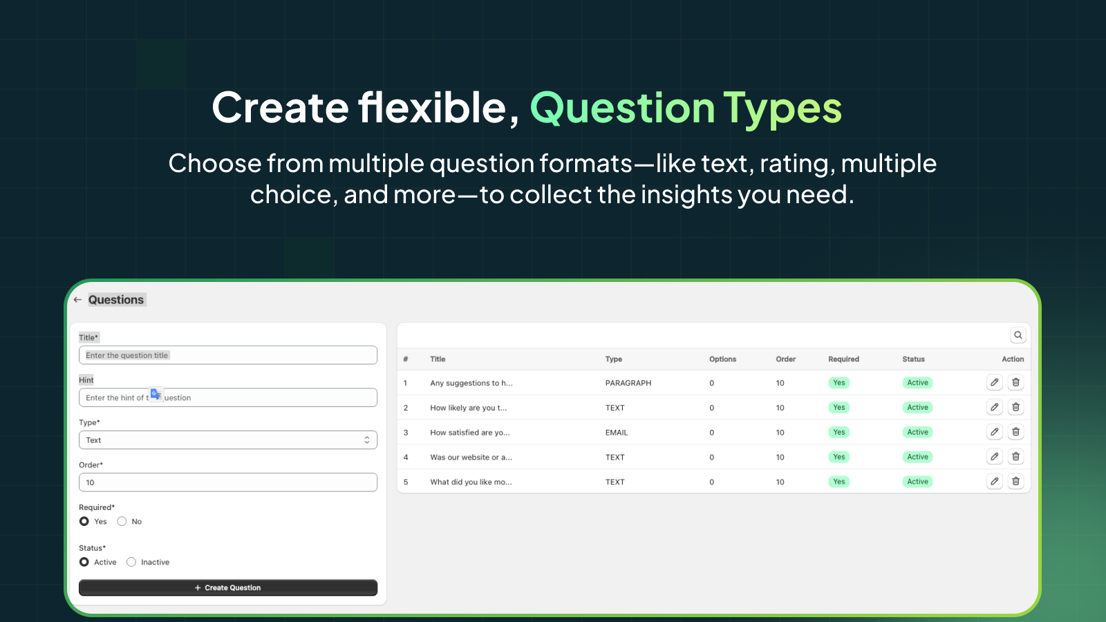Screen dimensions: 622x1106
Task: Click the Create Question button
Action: pos(228,587)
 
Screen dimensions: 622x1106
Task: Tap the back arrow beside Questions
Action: pos(77,300)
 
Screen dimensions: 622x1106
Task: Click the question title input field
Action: pos(228,355)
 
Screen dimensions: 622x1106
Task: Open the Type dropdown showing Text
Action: pos(228,440)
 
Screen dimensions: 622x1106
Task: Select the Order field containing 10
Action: pos(228,482)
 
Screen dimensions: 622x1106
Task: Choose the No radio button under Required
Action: pos(122,522)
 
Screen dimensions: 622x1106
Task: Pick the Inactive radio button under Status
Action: pos(131,563)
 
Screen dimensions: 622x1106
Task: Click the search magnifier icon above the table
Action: pos(1018,335)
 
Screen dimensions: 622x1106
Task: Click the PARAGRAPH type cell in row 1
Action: pos(628,383)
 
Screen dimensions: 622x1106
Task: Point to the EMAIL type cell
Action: pos(617,433)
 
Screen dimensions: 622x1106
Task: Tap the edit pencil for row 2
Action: pos(994,407)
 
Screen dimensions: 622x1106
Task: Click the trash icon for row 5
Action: pos(1015,482)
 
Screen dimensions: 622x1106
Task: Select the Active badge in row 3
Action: pos(917,433)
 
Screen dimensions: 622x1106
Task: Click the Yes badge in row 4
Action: pos(838,457)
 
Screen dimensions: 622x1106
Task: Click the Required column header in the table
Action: pos(843,359)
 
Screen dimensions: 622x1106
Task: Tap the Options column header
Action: pos(722,359)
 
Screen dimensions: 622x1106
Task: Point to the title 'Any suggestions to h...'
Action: pos(471,383)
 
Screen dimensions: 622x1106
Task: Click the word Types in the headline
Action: pos(782,109)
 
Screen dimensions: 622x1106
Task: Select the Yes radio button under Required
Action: pos(84,522)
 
